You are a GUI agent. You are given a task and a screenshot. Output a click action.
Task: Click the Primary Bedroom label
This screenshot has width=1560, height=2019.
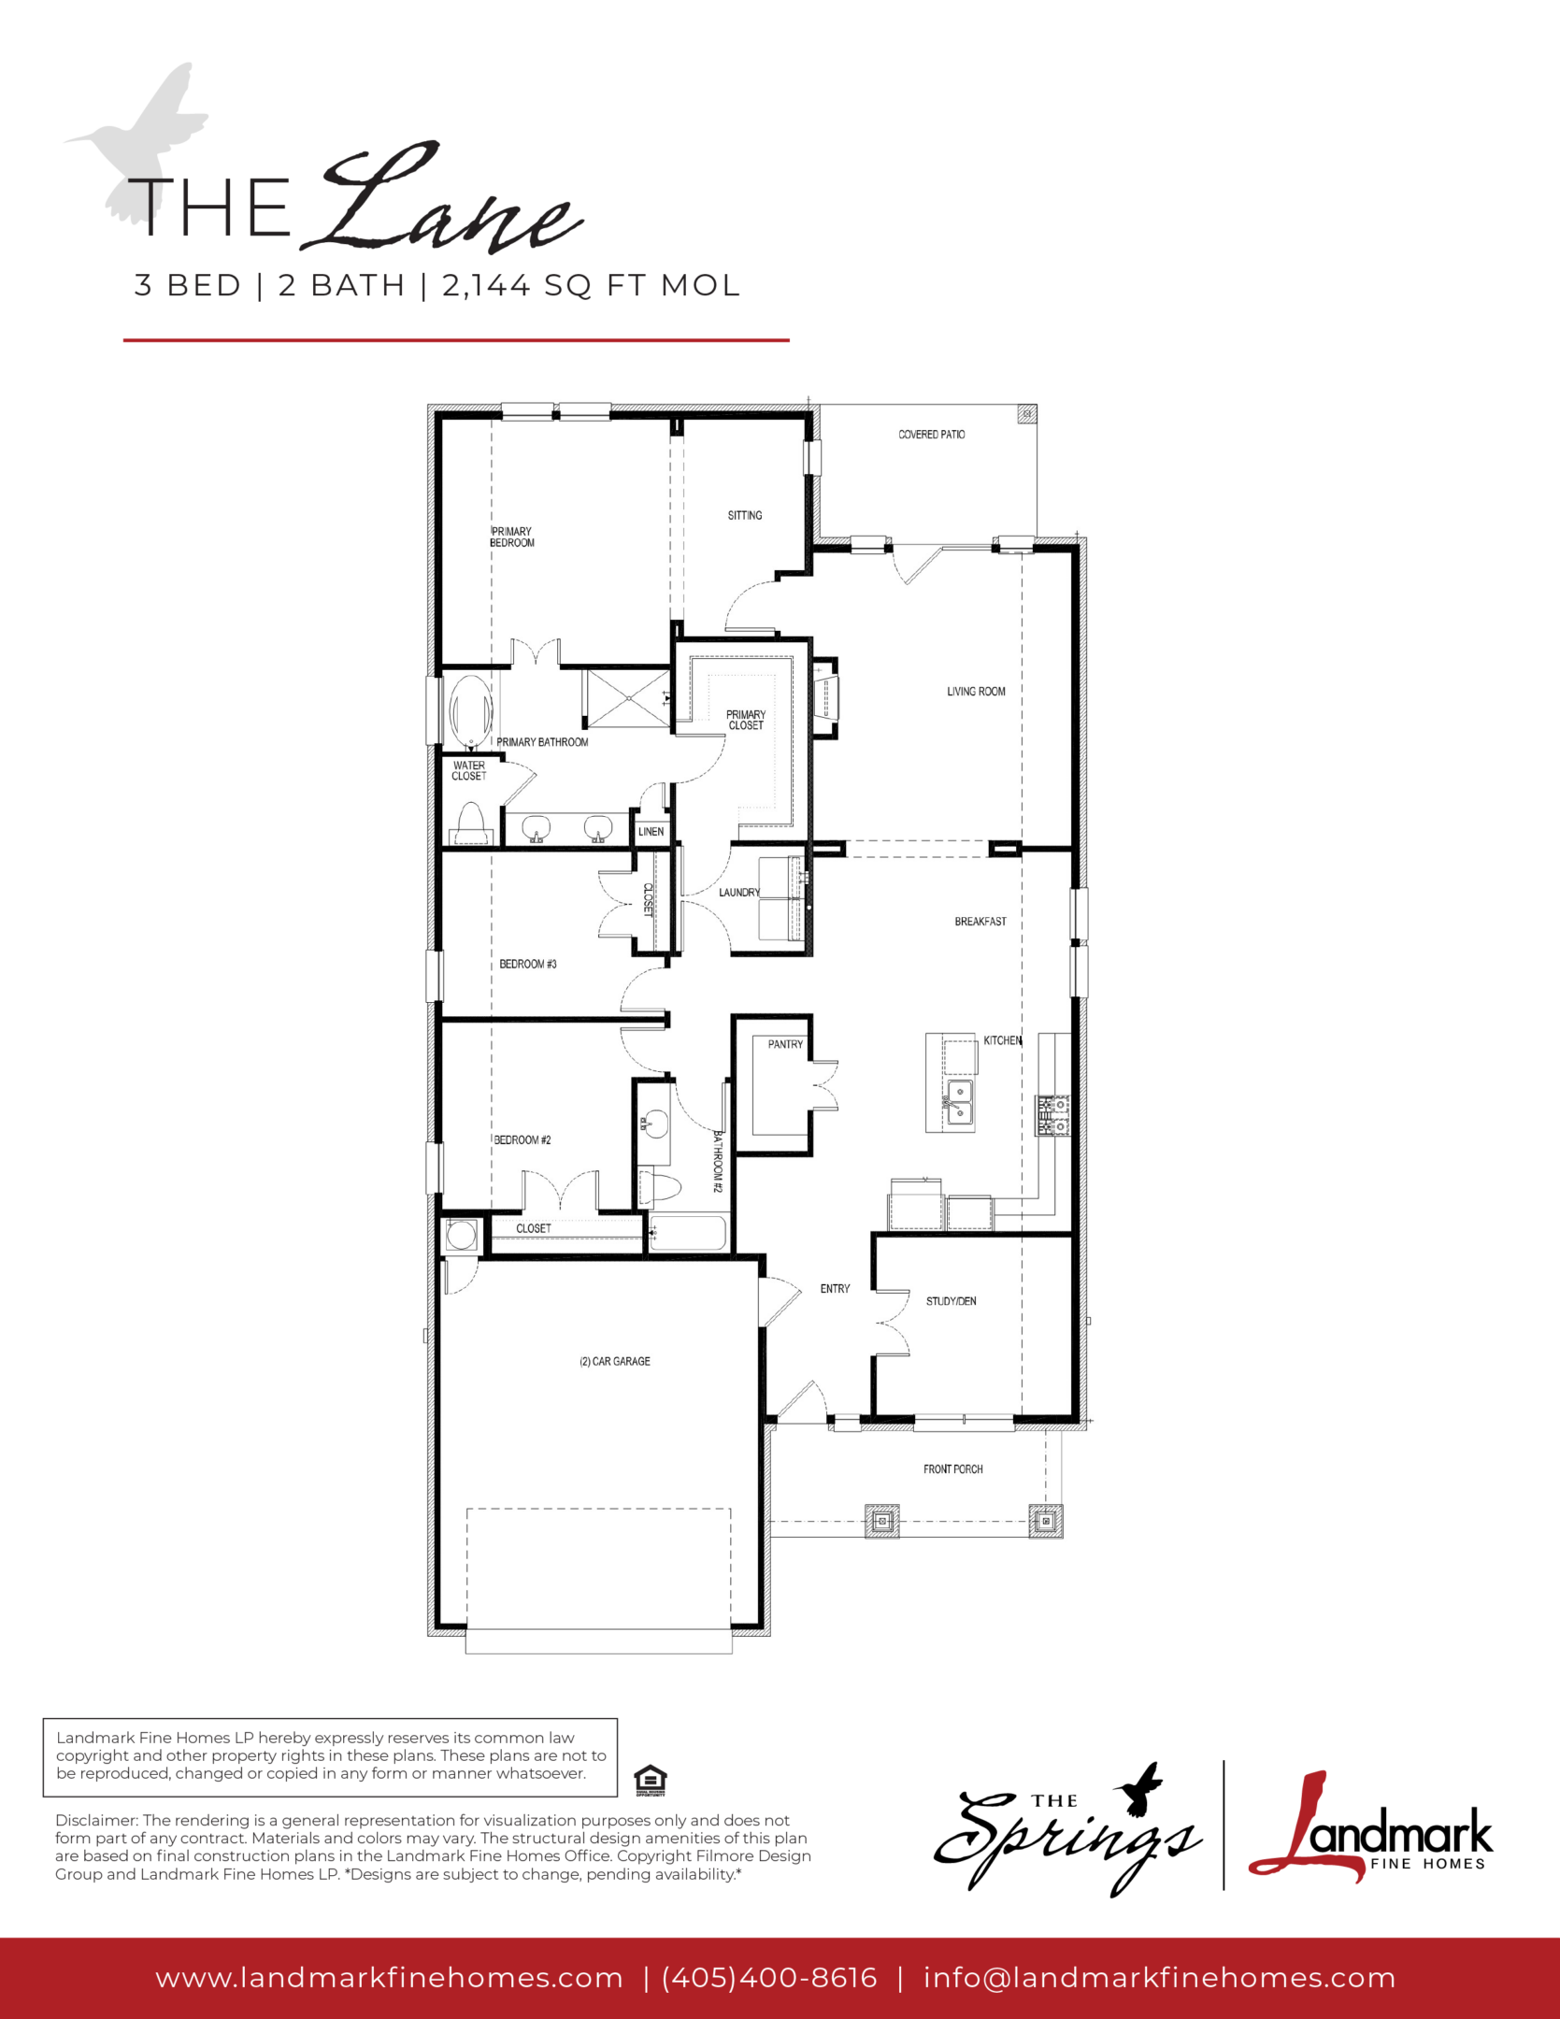[x=512, y=537]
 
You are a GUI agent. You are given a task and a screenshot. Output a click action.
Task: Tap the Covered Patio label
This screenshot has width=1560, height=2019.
[x=931, y=435]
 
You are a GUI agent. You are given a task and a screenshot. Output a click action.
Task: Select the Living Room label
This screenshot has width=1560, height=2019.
[x=976, y=692]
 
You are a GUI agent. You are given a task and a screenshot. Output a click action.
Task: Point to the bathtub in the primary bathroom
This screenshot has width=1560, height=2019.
[x=471, y=713]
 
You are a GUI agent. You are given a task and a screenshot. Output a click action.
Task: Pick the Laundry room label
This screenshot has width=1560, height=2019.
[x=738, y=893]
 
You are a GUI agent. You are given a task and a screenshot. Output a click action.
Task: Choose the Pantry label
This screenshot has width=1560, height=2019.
[x=785, y=1044]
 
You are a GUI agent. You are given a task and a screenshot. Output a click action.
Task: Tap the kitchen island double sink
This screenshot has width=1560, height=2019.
[x=958, y=1102]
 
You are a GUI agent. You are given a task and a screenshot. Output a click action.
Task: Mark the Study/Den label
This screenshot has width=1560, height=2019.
[x=951, y=1301]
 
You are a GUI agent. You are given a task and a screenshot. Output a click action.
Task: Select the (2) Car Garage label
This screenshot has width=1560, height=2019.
[x=614, y=1361]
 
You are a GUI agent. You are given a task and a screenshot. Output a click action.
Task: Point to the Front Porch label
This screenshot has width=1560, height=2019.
[x=952, y=1469]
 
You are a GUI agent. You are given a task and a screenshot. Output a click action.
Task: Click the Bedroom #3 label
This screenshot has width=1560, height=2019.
[x=527, y=964]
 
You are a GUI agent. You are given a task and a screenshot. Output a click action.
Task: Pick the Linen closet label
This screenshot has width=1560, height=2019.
[x=651, y=832]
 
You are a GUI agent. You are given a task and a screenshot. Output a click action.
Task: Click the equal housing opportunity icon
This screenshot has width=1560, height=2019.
[x=650, y=1780]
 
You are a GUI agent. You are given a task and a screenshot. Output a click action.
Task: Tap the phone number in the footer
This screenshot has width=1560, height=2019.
[x=769, y=1977]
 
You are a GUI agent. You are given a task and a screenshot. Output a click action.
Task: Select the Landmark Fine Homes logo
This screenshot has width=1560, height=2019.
[x=1370, y=1829]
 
